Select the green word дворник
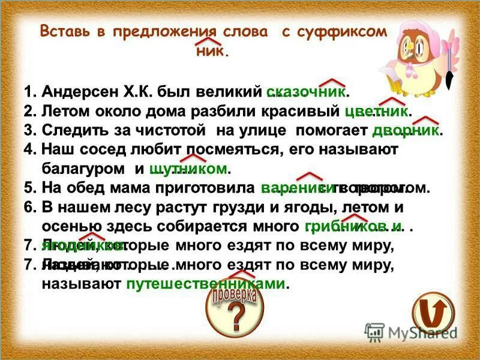point(407,131)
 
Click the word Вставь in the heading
point(65,32)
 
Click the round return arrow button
point(433,311)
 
